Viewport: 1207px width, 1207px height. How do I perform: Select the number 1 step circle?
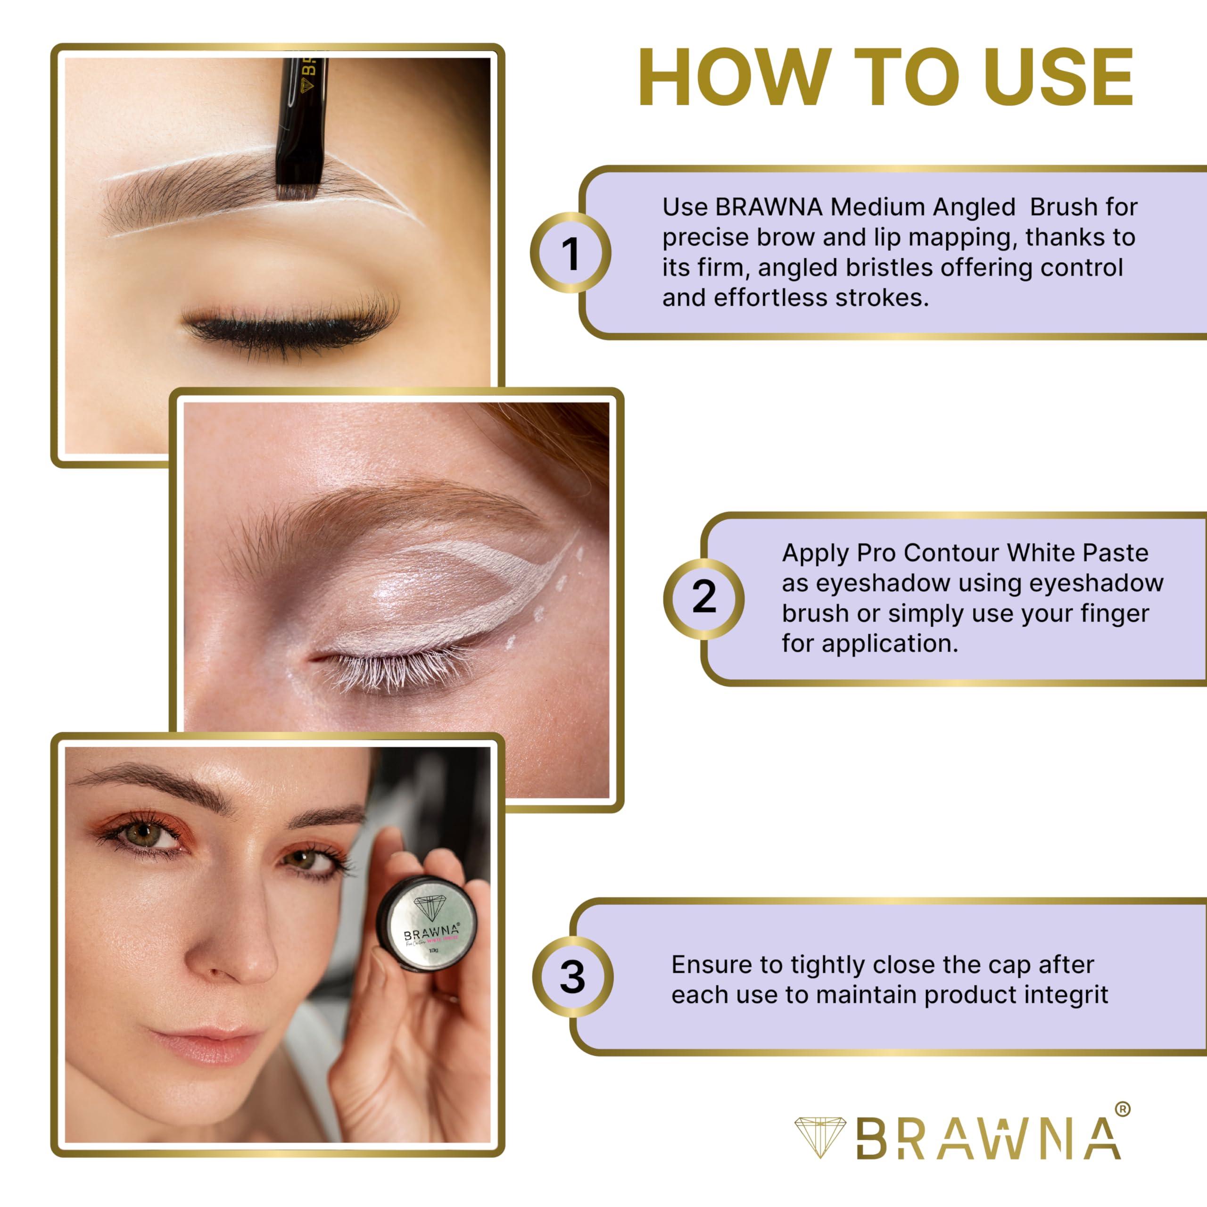pyautogui.click(x=570, y=253)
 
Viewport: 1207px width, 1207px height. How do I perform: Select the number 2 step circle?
pyautogui.click(x=703, y=598)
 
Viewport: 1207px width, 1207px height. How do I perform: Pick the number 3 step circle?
pyautogui.click(x=572, y=976)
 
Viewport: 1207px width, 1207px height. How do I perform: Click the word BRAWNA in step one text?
pyautogui.click(x=769, y=207)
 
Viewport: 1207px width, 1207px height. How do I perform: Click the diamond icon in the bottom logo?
pyautogui.click(x=819, y=1138)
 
